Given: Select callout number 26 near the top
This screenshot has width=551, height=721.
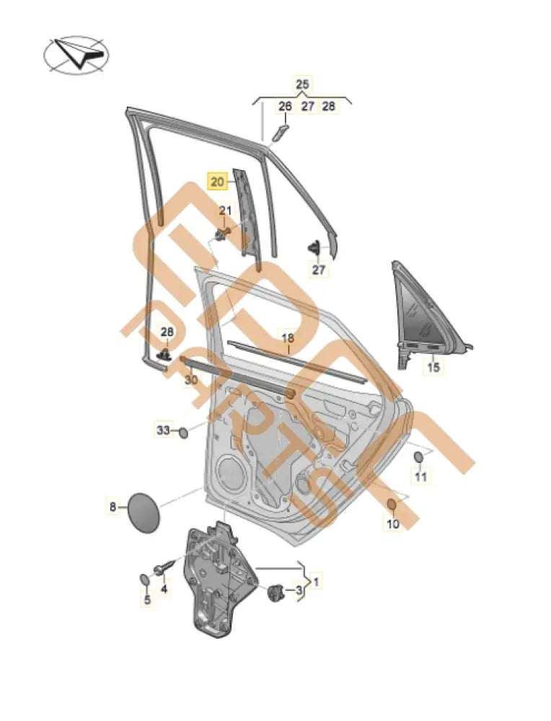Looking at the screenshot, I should tap(285, 106).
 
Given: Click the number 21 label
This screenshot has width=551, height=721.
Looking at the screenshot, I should tap(226, 210).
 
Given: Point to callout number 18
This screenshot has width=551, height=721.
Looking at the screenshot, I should tap(287, 337).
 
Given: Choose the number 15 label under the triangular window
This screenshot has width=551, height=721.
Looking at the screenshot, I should tap(432, 368).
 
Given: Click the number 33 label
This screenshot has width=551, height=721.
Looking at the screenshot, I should tap(163, 430).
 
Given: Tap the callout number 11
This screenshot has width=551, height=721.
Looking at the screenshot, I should tap(420, 477).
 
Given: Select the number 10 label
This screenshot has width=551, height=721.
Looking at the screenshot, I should tap(392, 524).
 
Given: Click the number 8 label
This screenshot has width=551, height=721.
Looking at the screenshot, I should tap(113, 507).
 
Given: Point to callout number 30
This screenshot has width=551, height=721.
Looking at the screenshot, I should tap(191, 379).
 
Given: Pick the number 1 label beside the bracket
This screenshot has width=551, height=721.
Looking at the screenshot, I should tap(318, 579).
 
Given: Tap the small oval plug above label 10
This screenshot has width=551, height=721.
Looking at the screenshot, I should tap(392, 504).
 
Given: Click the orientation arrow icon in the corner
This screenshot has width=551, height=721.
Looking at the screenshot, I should tap(74, 54).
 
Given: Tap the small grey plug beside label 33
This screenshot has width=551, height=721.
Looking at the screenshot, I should tap(183, 432).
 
